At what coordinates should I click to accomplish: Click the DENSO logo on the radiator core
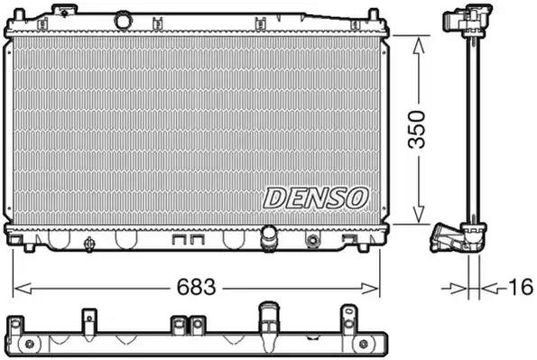click(316, 198)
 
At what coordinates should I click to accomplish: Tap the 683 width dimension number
click(196, 287)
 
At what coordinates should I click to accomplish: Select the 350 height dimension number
click(417, 130)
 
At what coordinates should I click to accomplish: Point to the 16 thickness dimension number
click(521, 287)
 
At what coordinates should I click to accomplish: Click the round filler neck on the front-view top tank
click(123, 21)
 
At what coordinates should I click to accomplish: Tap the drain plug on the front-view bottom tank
click(89, 244)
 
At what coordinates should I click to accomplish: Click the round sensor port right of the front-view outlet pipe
click(312, 240)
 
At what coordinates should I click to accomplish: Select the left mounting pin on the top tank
click(19, 14)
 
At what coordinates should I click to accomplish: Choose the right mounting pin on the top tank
click(374, 14)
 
